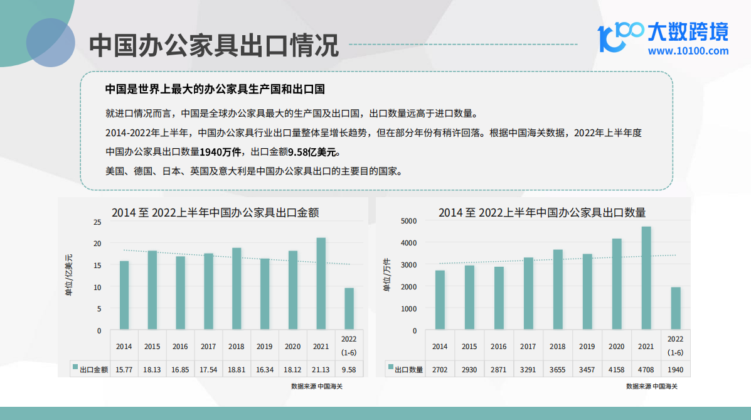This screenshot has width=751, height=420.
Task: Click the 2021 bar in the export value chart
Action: (x=321, y=283)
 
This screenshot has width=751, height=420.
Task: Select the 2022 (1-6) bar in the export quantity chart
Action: (x=675, y=308)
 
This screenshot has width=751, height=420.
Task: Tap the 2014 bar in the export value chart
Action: (x=124, y=295)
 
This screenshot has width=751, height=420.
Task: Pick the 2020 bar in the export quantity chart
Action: (x=616, y=284)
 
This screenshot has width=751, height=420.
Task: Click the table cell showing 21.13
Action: (x=321, y=370)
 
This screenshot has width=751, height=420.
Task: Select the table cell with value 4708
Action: (x=646, y=370)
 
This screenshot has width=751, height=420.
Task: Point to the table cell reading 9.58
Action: (x=349, y=370)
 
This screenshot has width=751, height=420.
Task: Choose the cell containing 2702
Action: (x=440, y=370)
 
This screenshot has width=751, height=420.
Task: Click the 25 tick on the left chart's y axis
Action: (x=98, y=222)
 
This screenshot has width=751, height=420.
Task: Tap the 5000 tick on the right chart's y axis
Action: (x=408, y=221)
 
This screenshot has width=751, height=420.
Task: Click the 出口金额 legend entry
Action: (x=90, y=369)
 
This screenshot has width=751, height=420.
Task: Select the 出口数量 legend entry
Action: (x=406, y=369)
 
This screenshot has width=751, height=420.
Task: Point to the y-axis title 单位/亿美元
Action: (x=69, y=275)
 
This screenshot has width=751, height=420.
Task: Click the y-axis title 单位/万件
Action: (x=386, y=275)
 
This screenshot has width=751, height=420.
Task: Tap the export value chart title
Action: (x=215, y=212)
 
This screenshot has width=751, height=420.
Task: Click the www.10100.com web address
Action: (x=688, y=51)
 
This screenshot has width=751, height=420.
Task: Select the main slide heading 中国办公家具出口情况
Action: (x=214, y=45)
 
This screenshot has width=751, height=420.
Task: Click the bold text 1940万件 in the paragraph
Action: (x=220, y=152)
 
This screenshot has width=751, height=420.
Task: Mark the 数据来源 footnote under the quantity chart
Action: (x=652, y=386)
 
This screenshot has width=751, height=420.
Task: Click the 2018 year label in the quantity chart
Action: (x=558, y=346)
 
